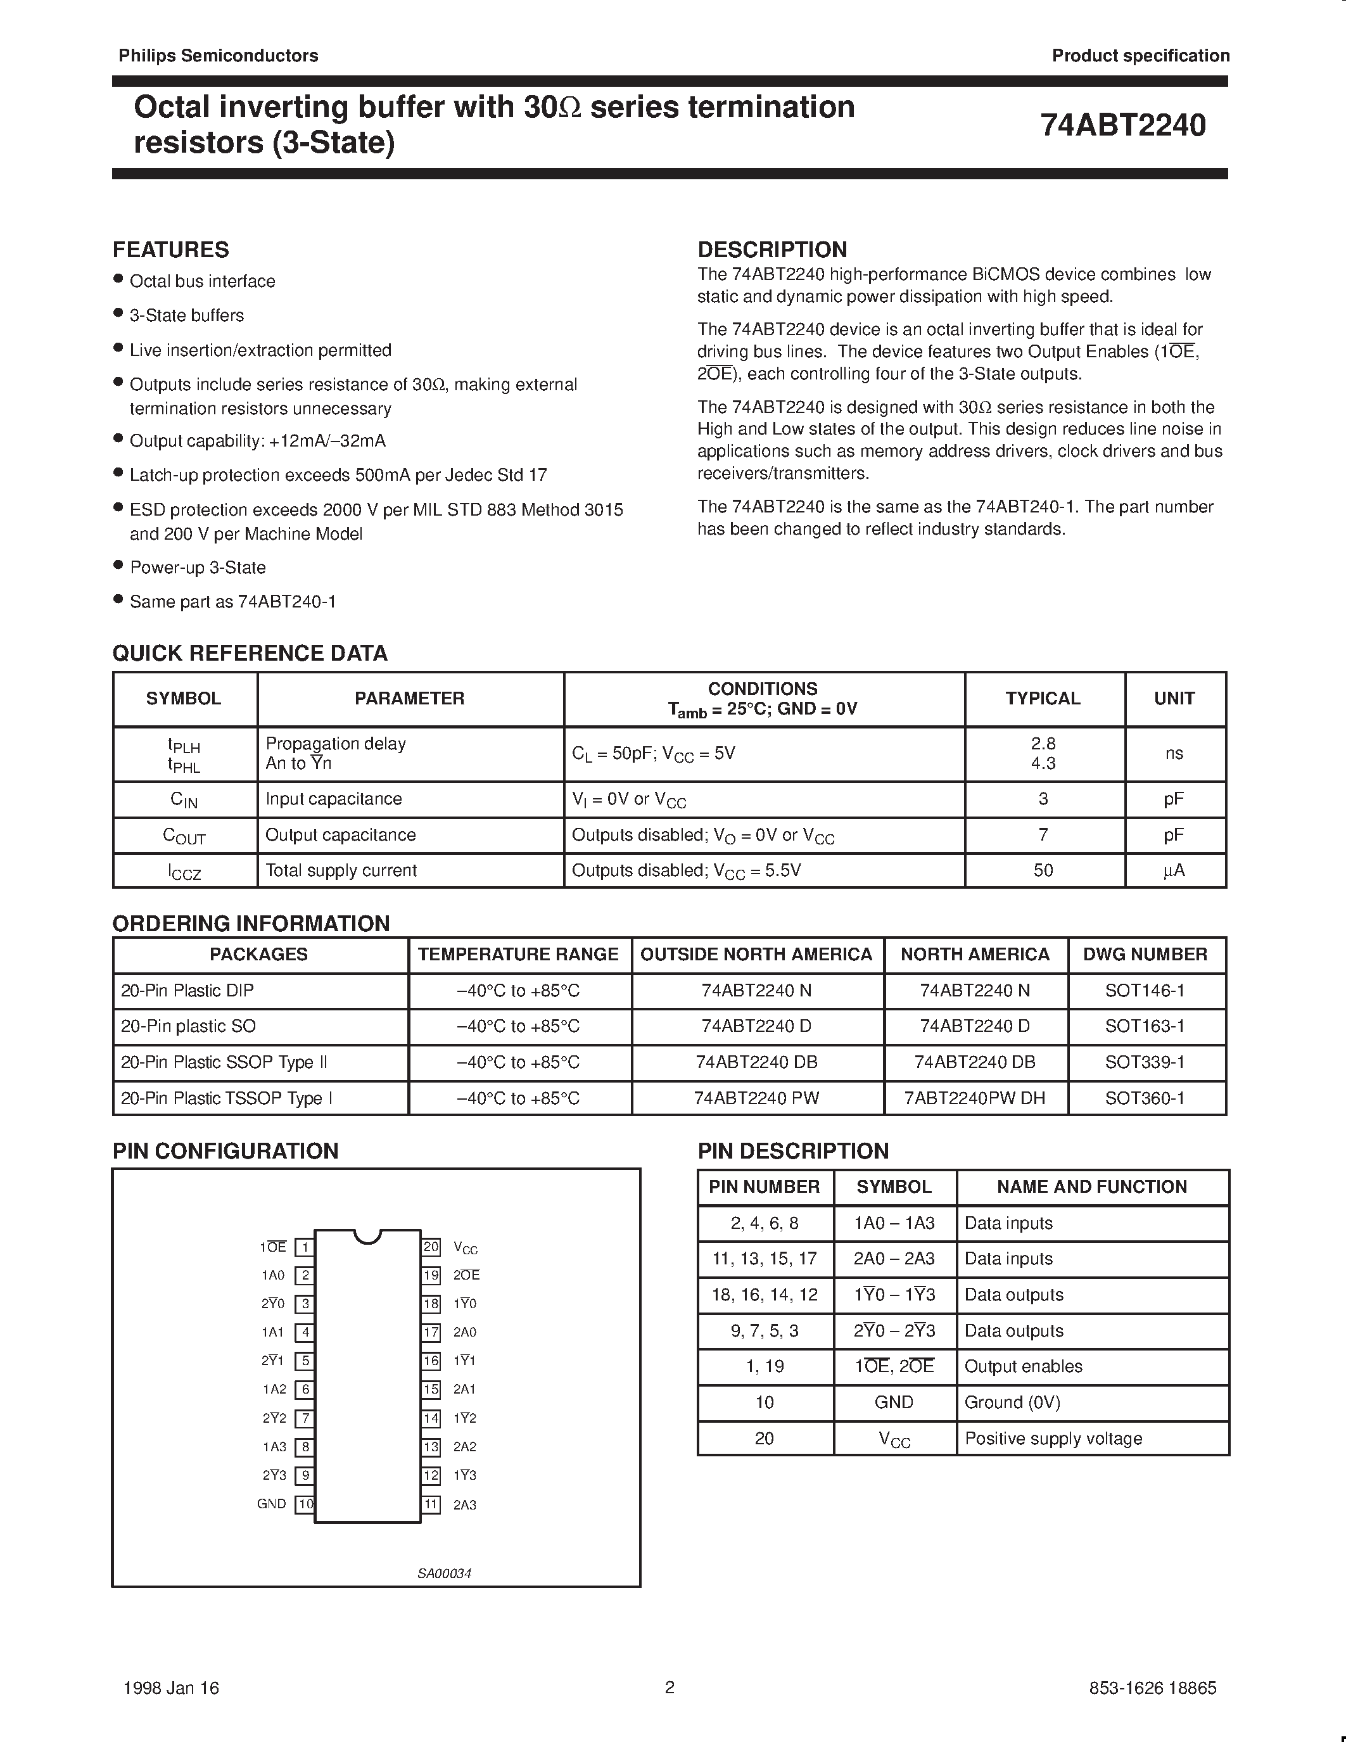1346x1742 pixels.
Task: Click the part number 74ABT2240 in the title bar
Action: coord(1123,125)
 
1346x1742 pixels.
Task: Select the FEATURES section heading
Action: coord(170,250)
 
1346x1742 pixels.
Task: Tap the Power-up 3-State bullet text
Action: coord(198,567)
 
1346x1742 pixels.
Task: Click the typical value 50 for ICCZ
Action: coord(1043,870)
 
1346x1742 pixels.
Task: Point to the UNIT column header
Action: coord(1174,698)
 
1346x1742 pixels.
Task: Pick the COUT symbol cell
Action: coord(184,835)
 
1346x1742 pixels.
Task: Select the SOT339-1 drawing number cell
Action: coord(1145,1062)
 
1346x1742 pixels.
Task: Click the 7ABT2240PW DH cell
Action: coord(974,1098)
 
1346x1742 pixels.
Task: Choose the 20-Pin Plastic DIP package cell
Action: coord(187,990)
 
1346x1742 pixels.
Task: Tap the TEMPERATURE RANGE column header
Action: coord(518,954)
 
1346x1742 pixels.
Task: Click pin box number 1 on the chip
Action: coord(305,1247)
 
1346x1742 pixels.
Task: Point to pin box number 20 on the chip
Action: coord(431,1247)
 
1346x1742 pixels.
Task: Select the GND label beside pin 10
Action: coord(271,1504)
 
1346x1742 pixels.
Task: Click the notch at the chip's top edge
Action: coord(367,1235)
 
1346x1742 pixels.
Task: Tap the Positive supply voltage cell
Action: coord(1053,1438)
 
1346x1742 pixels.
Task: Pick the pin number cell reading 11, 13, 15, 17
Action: coord(764,1259)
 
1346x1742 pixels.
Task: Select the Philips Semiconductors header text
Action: coord(219,56)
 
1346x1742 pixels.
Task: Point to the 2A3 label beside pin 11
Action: coord(465,1504)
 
